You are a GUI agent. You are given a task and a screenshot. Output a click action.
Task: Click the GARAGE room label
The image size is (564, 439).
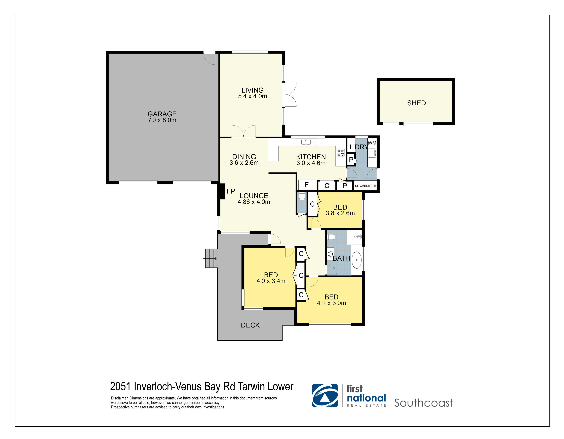162,114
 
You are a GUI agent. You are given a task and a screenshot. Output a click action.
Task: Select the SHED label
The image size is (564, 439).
416,103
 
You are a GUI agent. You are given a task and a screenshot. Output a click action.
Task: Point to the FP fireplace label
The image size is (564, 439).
231,191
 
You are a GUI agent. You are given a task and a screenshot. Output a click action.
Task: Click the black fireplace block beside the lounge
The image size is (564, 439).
222,191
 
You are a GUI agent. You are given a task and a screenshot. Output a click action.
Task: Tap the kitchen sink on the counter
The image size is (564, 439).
306,142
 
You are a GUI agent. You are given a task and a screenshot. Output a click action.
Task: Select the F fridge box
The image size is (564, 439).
307,185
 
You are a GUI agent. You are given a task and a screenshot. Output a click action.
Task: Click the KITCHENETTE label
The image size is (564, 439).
365,186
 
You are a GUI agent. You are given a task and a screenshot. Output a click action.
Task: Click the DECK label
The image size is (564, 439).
250,325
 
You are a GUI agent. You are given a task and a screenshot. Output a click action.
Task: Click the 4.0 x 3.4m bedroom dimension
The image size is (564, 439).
271,281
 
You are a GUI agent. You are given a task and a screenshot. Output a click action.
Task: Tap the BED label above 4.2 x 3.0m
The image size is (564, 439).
331,297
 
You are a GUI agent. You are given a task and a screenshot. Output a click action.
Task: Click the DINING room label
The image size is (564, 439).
244,157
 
